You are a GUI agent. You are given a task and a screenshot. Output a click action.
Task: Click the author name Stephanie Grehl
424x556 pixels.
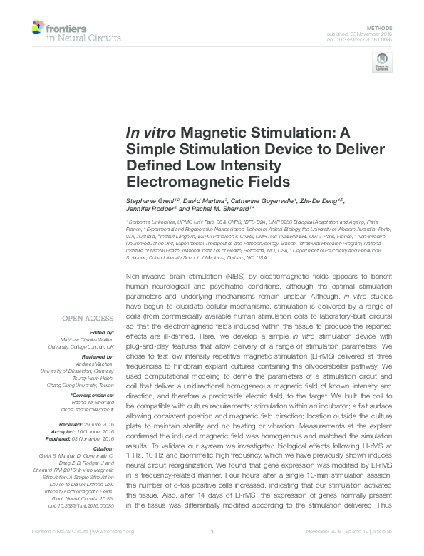click(x=148, y=205)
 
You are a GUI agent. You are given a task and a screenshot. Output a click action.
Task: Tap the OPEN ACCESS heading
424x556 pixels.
click(x=89, y=319)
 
